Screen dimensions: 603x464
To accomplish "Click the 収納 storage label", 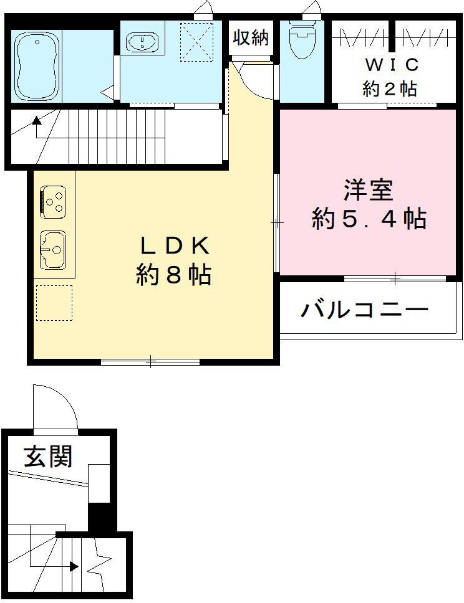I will pos(251,37).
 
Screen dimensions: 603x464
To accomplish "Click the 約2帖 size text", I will pos(390,88).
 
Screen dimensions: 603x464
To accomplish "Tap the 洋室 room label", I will pos(369,191).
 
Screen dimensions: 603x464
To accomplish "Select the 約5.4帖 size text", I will pos(369,219).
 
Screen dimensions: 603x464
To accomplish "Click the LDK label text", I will pos(173,247).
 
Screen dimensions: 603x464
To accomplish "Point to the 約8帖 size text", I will pos(173,275).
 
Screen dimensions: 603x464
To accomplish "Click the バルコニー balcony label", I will pos(365,310).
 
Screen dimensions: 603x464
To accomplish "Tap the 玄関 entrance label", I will pos(48,457).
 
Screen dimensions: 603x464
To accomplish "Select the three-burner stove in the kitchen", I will pos(53,201).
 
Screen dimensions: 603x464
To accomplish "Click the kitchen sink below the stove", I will pos(53,250).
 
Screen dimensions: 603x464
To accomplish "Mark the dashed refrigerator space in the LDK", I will pos(54,303).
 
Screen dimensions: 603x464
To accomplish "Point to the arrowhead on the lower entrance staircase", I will pos(74,566).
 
